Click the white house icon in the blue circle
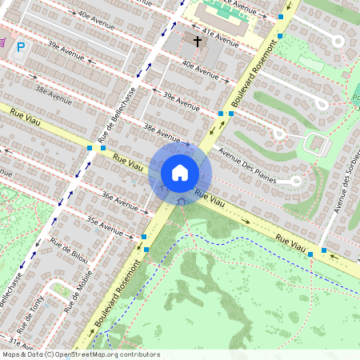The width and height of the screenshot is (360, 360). [180, 173]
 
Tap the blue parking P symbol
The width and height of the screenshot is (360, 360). [21, 47]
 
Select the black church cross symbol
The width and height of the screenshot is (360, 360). [198, 39]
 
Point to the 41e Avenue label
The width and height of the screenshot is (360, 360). [218, 36]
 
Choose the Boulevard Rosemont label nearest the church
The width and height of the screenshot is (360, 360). [248, 86]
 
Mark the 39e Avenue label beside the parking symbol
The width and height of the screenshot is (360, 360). [66, 54]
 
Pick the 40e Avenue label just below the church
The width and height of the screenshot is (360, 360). [199, 70]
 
